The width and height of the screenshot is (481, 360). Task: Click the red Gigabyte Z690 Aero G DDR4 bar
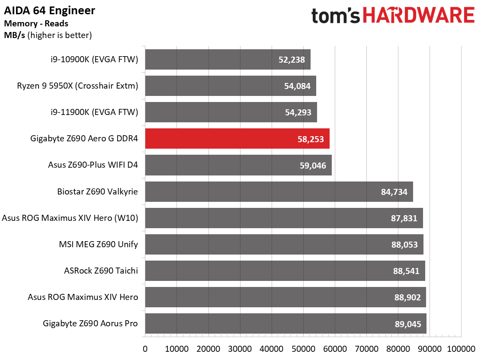237,138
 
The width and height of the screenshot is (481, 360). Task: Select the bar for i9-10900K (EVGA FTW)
228,60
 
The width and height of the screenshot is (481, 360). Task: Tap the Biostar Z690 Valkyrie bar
279,191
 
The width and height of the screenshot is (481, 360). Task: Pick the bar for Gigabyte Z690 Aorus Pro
285,323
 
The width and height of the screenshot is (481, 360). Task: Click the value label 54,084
297,86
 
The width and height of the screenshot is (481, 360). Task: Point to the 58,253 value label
311,139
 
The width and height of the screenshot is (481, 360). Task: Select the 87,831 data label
404,218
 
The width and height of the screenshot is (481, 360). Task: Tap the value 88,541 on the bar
406,271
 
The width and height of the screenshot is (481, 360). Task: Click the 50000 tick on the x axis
303,349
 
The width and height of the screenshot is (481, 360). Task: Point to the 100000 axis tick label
461,349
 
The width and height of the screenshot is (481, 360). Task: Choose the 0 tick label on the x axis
145,349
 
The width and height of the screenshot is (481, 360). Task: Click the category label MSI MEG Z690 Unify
99,244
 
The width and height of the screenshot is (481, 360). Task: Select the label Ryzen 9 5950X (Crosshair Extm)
77,86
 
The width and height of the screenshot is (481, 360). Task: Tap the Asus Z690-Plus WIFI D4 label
93,165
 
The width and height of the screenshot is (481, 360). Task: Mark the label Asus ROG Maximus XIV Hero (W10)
70,218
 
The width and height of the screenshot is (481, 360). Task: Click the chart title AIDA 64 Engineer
49,11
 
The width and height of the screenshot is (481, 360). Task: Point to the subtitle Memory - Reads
36,24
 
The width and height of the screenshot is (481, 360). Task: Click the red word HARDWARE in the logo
419,15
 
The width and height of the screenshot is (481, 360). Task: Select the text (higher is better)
60,35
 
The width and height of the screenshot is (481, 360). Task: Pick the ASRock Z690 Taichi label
101,271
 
